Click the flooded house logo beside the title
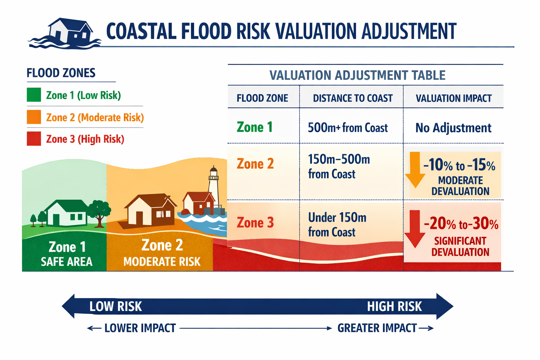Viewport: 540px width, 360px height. (67, 33)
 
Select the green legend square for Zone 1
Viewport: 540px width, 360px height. (34, 95)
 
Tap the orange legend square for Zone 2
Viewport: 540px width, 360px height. (34, 117)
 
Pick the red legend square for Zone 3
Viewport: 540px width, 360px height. (34, 139)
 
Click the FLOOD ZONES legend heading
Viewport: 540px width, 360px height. (61, 73)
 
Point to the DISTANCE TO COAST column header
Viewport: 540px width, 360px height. (353, 98)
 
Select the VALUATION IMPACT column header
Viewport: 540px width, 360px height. (454, 98)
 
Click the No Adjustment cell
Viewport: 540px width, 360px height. (453, 128)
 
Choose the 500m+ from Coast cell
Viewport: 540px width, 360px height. (348, 128)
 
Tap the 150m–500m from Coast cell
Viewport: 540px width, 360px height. (339, 167)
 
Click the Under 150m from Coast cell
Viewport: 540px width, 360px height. (337, 225)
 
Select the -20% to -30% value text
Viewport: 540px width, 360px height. (461, 224)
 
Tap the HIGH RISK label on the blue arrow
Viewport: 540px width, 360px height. (394, 307)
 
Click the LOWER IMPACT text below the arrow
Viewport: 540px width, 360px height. (140, 328)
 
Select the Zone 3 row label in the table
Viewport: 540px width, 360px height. (255, 223)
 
